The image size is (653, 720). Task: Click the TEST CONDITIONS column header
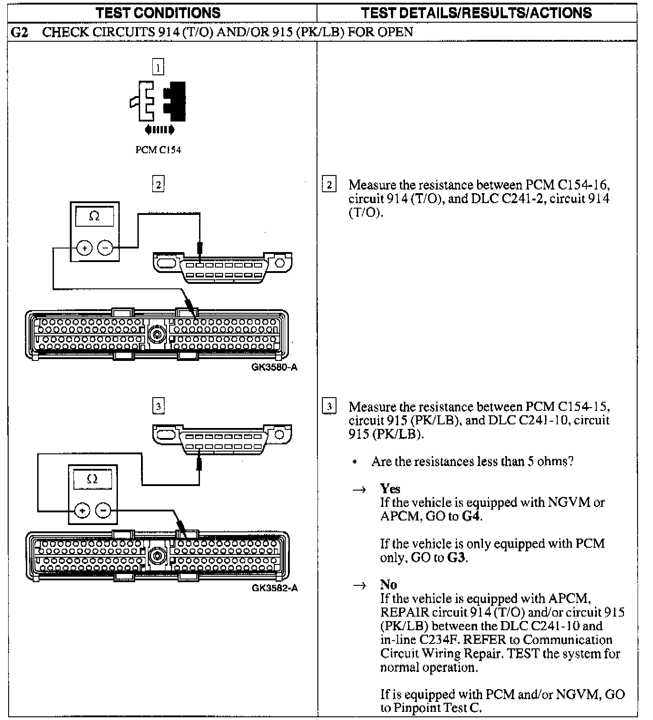tap(158, 13)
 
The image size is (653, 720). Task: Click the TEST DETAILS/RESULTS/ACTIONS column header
tap(476, 13)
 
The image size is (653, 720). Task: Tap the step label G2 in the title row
tap(20, 32)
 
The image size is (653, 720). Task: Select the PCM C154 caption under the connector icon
tap(158, 150)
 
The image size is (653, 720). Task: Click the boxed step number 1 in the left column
tap(158, 68)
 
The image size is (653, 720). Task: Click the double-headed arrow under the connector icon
tap(159, 131)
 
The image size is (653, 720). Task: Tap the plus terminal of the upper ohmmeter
tap(84, 248)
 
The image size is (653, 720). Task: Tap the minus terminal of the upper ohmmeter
tap(105, 248)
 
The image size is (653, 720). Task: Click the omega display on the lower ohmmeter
tap(92, 479)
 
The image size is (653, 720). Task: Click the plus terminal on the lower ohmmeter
tap(83, 511)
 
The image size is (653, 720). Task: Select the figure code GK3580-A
tap(274, 367)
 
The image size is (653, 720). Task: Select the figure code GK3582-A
tap(275, 589)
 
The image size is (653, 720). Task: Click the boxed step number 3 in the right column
tap(329, 406)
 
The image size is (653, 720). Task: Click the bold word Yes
tap(390, 489)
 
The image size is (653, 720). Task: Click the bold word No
tap(388, 585)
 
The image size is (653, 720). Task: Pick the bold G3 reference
tap(456, 557)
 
